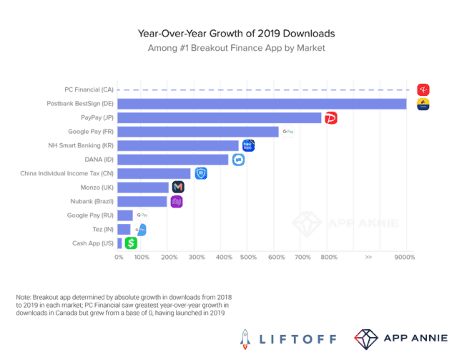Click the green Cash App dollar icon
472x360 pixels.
130,243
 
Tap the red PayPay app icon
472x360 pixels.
330,117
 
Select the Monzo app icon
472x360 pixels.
178,187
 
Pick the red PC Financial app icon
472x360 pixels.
423,89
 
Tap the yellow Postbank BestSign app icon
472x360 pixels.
423,104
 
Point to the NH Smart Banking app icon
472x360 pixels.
248,146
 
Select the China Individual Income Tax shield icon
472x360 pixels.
202,173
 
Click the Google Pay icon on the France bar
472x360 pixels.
142,214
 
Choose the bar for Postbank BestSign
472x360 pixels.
261,104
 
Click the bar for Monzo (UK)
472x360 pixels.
143,187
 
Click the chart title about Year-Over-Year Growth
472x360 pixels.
236,34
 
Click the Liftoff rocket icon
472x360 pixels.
245,336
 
